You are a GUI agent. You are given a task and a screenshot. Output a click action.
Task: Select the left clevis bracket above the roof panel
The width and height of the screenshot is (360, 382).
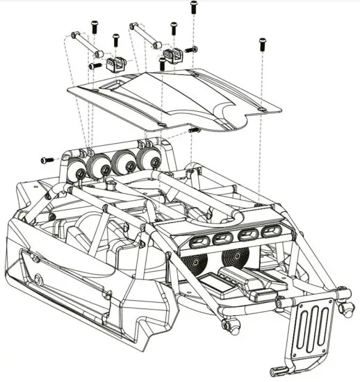tap(115, 64)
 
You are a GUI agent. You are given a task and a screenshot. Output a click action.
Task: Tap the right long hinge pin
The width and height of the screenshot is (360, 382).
tap(144, 35)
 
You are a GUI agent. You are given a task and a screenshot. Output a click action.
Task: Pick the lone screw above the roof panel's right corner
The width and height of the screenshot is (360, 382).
tap(262, 43)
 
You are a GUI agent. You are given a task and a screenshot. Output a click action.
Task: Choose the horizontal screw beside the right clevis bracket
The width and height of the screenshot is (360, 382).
tap(191, 49)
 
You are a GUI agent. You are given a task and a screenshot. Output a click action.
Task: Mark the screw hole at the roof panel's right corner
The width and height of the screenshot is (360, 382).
tap(259, 108)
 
